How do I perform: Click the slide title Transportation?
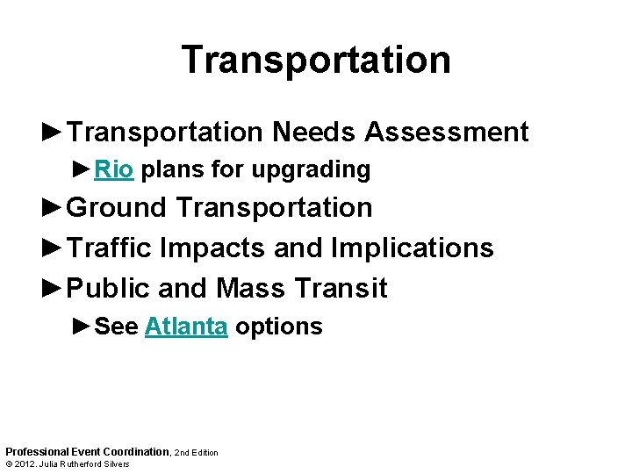tap(316, 60)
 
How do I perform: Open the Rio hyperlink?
tap(113, 169)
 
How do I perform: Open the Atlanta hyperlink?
tap(186, 327)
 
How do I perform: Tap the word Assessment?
tap(447, 133)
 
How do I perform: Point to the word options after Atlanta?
tap(278, 327)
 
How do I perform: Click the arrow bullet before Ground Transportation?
tap(53, 208)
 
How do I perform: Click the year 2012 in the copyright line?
tap(27, 464)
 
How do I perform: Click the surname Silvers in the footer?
tap(114, 464)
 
